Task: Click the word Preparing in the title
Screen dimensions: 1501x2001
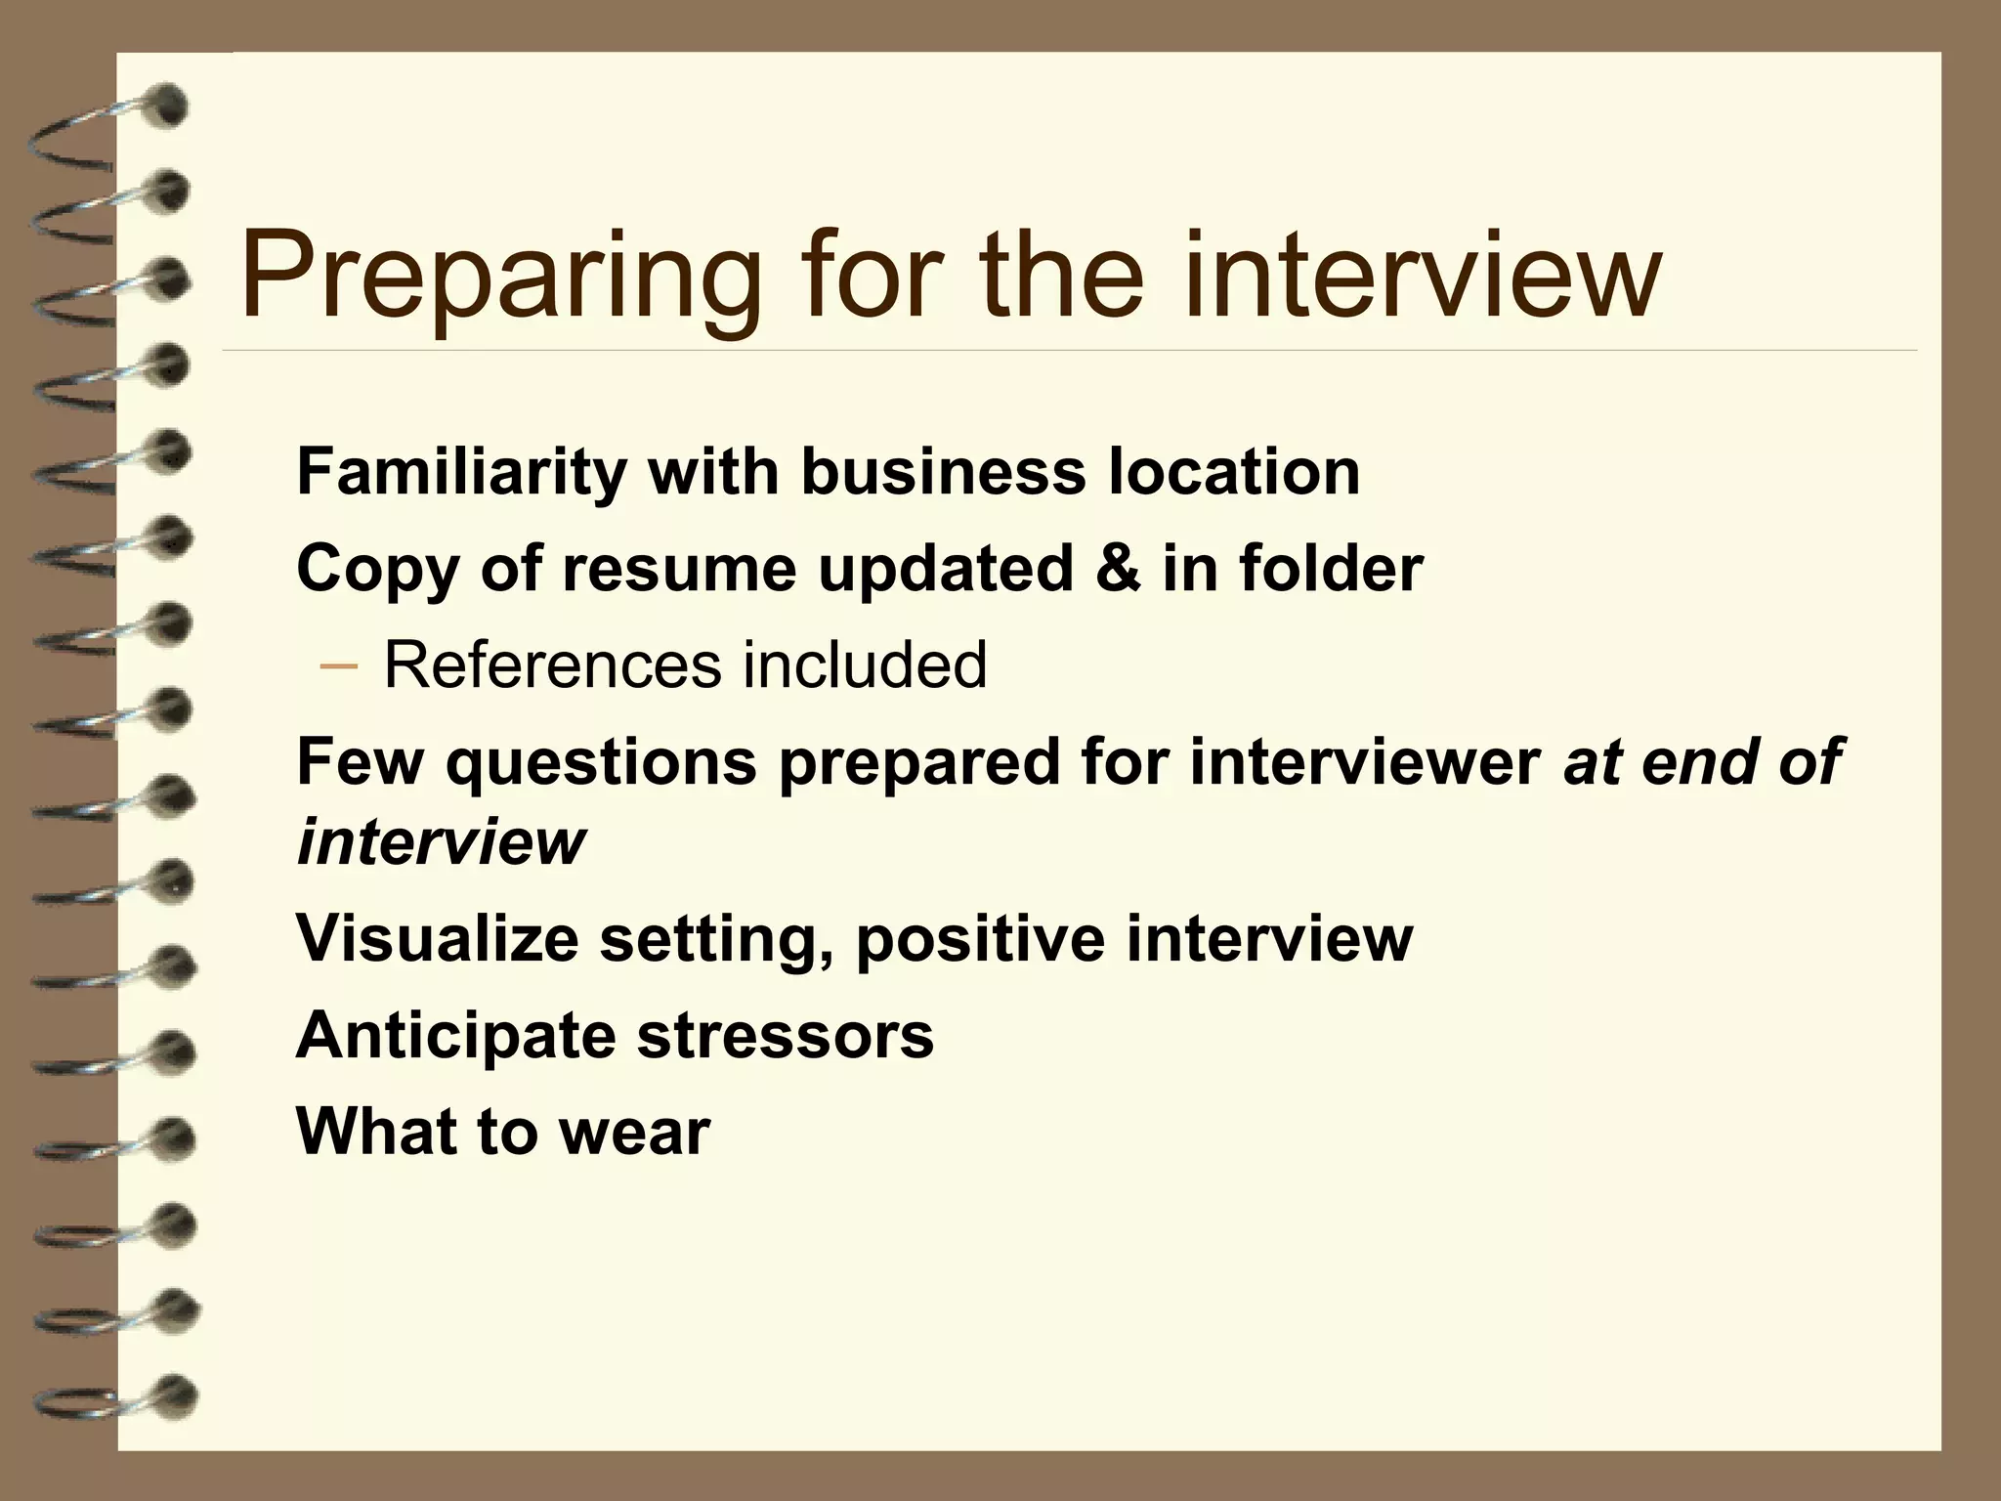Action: tap(499, 276)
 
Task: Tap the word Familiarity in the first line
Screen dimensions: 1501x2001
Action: tap(460, 472)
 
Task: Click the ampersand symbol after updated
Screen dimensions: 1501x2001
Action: tap(1118, 568)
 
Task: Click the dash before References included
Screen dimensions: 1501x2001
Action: tap(338, 665)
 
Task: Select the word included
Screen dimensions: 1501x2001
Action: tap(865, 665)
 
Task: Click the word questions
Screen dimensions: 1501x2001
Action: tap(601, 761)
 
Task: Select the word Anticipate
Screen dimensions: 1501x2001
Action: tap(455, 1035)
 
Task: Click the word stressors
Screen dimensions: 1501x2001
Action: tap(786, 1035)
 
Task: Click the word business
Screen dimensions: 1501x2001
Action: tap(943, 472)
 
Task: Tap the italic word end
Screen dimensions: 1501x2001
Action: tap(1699, 761)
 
